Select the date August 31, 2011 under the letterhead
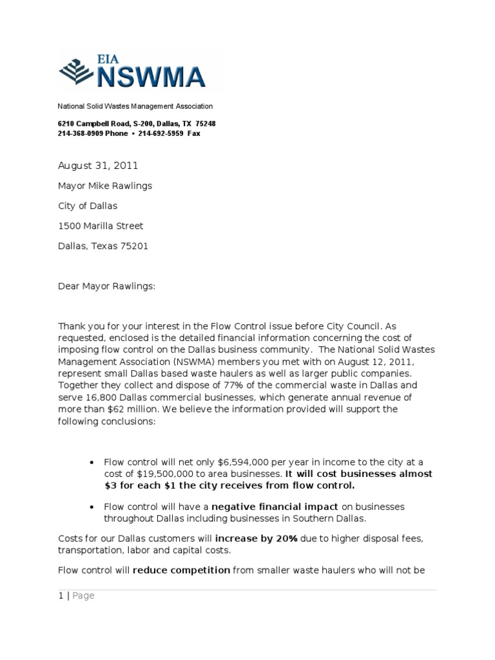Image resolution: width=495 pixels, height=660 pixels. coord(98,166)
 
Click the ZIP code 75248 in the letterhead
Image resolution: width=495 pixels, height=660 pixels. coord(206,123)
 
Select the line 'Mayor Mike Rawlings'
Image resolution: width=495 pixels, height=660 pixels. coord(105,186)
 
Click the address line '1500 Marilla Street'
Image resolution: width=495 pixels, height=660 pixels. coord(101,226)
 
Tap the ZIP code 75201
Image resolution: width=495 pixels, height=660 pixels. coord(133,246)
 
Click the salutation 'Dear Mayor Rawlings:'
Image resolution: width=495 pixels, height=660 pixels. coord(106,286)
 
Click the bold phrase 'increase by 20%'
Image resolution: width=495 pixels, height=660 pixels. coord(256,538)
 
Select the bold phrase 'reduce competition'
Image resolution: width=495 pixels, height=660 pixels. coord(181,570)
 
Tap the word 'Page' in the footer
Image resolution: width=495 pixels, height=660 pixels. coord(83,596)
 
